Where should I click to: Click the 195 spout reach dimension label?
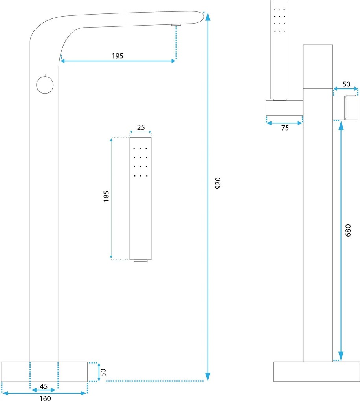[118, 56]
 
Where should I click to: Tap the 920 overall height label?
[218, 183]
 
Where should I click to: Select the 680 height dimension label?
[348, 230]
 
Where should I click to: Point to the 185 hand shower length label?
[107, 196]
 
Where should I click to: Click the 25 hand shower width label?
[141, 127]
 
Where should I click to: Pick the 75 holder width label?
[285, 128]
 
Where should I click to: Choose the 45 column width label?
[44, 386]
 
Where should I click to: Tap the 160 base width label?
[45, 398]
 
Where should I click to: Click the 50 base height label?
[103, 372]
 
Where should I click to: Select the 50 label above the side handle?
[346, 84]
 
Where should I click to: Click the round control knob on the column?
[45, 85]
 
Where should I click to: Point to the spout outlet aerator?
[176, 25]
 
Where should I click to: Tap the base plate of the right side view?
[316, 372]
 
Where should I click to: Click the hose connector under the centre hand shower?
[141, 261]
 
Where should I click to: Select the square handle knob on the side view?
[352, 107]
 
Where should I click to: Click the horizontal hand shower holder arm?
[285, 108]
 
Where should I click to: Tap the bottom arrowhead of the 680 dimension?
[341, 356]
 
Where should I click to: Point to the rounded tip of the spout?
[202, 16]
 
